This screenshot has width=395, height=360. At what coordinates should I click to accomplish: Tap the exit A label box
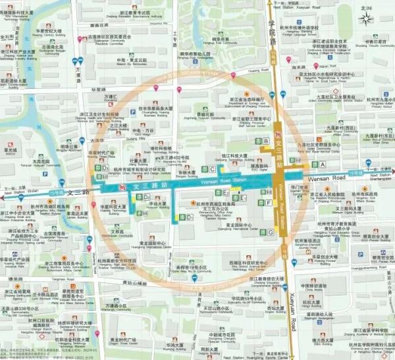323,164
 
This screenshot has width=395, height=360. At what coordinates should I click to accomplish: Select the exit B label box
266,141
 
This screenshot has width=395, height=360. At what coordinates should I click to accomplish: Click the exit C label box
212,169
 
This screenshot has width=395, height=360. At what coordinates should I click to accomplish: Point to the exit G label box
271,232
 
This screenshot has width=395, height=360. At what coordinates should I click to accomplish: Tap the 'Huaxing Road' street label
258,70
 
